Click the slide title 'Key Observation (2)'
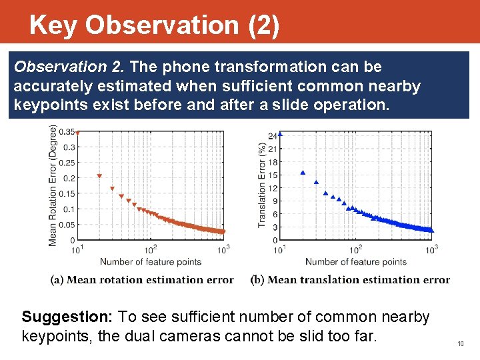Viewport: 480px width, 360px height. point(154,25)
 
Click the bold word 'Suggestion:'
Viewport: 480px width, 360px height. point(59,317)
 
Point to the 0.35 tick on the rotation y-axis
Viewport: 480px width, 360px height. point(67,132)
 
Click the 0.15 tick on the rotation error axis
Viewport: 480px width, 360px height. point(67,194)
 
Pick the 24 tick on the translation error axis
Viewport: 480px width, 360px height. point(272,136)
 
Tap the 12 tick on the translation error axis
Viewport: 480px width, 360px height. point(272,188)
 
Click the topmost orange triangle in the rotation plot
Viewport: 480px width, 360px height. point(77,133)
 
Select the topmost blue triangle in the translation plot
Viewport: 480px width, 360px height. point(281,134)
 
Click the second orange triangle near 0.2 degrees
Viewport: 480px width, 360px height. point(99,176)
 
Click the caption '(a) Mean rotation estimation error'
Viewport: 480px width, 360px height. point(142,280)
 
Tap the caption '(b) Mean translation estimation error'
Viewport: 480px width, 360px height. point(350,280)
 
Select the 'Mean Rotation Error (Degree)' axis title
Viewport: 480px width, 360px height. point(53,185)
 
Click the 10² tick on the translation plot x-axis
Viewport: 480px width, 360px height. point(355,249)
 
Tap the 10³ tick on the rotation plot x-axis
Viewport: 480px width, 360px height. point(223,249)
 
